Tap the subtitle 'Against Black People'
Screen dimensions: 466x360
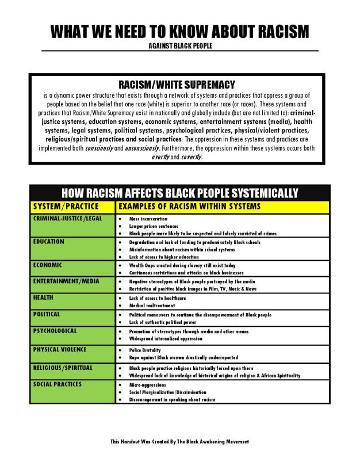(x=179, y=45)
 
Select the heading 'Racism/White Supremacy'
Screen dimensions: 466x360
(x=180, y=85)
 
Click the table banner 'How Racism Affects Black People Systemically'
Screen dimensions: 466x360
(x=179, y=193)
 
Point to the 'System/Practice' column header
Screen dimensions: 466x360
(x=66, y=206)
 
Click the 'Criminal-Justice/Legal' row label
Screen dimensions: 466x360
(x=67, y=219)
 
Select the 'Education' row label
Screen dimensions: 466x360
(x=48, y=242)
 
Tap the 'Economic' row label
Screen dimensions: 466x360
(x=47, y=265)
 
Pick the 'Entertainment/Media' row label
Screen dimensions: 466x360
(x=66, y=281)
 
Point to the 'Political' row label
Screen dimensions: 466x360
(x=47, y=314)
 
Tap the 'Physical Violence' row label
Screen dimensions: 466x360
(x=60, y=349)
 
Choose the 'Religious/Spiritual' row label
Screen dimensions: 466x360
(x=63, y=367)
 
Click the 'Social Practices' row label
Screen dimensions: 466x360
(x=58, y=384)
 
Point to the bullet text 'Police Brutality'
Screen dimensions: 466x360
(x=145, y=350)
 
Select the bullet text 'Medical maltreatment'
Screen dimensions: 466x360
(x=151, y=305)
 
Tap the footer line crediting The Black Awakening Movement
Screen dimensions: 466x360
(x=179, y=441)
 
